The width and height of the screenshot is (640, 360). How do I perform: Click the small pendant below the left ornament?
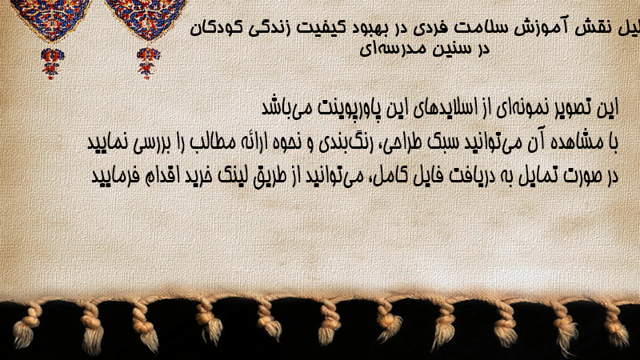click(52, 63)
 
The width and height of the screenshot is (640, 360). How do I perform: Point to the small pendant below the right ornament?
click(148, 63)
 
